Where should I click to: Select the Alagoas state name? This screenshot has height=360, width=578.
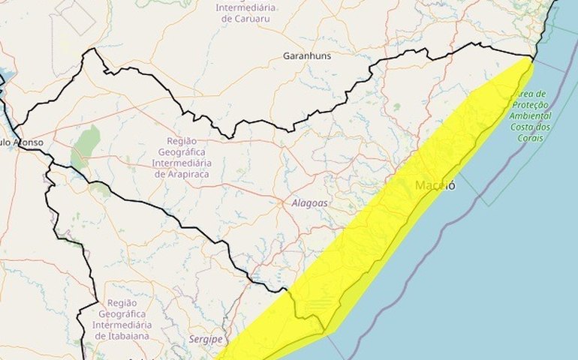pos(309,203)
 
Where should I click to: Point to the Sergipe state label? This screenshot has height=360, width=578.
pos(206,340)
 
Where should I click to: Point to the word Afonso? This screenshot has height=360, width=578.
pos(28,142)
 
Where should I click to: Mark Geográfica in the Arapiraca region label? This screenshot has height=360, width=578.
pos(182,151)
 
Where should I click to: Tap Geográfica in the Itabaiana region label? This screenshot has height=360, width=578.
pos(122,314)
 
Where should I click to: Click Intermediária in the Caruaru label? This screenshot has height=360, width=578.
pos(246,8)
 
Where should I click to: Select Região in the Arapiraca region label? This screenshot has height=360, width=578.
pos(182,140)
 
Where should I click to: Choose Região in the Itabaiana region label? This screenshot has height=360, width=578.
pos(122,303)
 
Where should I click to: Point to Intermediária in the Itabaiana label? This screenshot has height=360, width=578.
pos(122,325)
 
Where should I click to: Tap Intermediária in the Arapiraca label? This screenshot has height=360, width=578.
pos(182,163)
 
